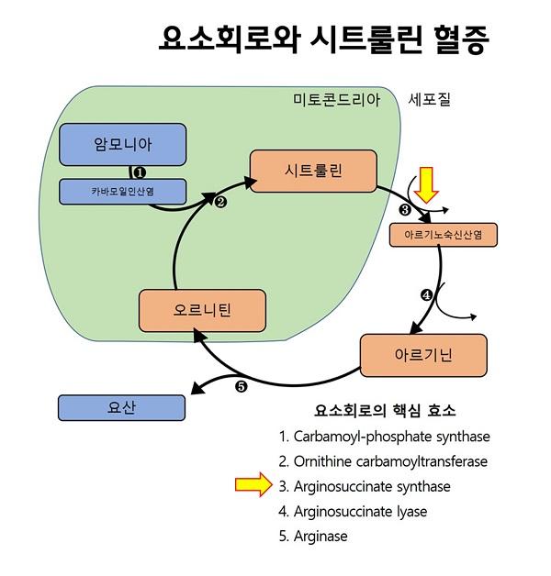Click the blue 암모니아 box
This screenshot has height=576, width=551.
(123, 144)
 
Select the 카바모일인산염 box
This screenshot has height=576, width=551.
(123, 192)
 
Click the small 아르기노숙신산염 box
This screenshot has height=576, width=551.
(443, 236)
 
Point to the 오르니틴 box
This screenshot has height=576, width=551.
(202, 310)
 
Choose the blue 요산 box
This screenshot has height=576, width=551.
(121, 409)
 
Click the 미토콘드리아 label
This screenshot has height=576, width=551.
(335, 99)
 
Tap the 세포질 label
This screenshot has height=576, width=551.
(429, 99)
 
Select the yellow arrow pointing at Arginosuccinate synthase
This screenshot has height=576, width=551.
(253, 485)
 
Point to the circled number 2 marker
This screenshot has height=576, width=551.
(220, 203)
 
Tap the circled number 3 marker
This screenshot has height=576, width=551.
(405, 210)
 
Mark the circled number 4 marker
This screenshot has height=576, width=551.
(426, 294)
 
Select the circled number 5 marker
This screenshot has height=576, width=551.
(242, 386)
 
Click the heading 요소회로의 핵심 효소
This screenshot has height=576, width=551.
(385, 410)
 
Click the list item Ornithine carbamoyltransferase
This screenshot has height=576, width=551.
(383, 461)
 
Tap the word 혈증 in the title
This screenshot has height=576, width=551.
(455, 39)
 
